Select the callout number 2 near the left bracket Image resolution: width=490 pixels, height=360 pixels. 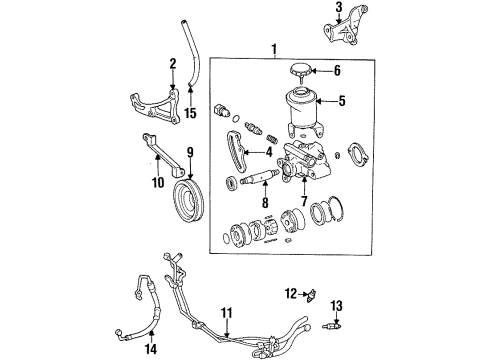tap(172, 64)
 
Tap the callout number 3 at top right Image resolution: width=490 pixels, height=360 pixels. tap(338, 10)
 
